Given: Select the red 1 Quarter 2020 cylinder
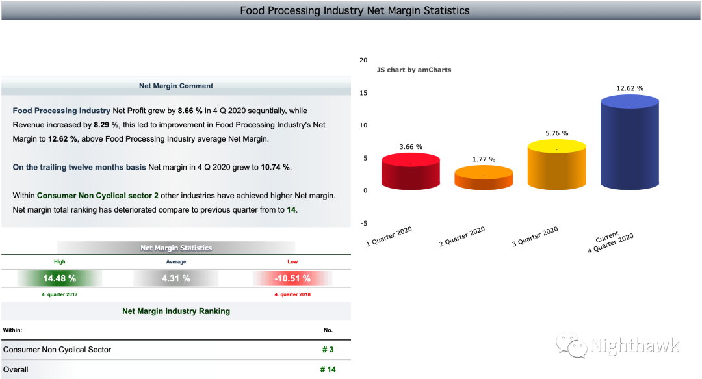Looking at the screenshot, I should coord(411,172).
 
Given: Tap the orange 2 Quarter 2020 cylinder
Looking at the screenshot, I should coord(484,179).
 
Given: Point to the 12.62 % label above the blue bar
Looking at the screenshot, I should coord(630,88).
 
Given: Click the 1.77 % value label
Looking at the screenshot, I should coord(484,159).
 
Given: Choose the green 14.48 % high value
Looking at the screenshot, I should coord(59,278).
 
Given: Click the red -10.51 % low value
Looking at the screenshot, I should coord(292,278).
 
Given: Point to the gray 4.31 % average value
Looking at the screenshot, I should coord(176,278).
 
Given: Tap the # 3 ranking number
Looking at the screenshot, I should coord(328,350).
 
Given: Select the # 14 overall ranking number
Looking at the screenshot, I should coord(328,370).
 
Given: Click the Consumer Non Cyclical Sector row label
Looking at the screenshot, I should coord(57,350).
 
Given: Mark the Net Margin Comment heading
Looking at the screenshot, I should coord(176,86).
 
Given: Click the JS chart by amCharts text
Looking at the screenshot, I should coord(414,70).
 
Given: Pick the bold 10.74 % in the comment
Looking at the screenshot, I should coord(276,168).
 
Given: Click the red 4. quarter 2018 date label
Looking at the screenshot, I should coord(292,294).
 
